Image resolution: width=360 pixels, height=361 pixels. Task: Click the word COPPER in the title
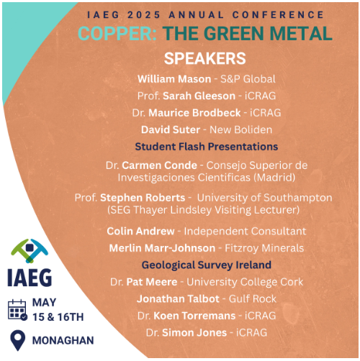[117, 33]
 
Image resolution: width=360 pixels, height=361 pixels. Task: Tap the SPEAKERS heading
[205, 58]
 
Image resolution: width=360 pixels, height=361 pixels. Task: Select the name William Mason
[174, 79]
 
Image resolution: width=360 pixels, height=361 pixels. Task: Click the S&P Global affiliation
[248, 79]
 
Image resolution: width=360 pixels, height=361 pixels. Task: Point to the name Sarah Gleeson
[199, 96]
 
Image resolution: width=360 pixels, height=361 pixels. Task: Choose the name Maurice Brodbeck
[194, 113]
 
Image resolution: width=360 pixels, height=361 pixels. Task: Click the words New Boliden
[241, 129]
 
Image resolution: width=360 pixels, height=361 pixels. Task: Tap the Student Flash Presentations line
[207, 147]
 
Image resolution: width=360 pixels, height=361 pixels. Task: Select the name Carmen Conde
[159, 165]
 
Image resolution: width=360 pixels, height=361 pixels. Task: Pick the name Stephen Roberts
[143, 198]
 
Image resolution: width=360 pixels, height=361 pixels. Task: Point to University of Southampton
[264, 198]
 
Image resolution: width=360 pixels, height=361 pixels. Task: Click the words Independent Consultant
[245, 232]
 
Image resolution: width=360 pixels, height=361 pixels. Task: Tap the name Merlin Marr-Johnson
[162, 248]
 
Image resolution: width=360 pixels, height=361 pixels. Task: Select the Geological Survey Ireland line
[207, 265]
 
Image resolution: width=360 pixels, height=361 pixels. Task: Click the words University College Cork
[245, 282]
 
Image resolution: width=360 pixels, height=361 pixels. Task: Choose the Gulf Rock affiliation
[253, 299]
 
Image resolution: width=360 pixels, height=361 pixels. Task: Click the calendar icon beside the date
[17, 310]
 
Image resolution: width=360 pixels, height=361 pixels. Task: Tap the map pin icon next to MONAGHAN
[18, 340]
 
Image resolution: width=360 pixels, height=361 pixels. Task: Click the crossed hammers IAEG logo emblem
[30, 250]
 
